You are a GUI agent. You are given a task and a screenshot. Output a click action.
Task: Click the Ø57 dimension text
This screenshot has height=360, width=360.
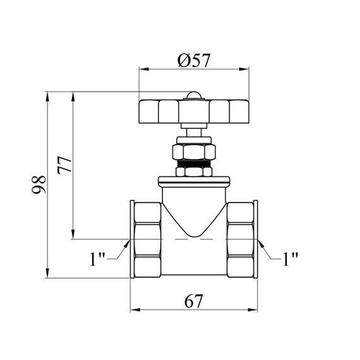pos(194,61)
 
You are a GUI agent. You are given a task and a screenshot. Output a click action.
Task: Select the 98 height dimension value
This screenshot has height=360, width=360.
pos(39,184)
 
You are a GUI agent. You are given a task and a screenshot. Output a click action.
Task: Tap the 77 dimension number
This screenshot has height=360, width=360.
pos(65,165)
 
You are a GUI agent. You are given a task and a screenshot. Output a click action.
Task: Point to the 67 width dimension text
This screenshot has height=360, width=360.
pos(194,301)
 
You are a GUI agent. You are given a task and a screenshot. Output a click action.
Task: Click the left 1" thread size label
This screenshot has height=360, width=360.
pos(97,259)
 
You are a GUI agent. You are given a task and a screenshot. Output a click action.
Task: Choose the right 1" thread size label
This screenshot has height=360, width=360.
pos(291,259)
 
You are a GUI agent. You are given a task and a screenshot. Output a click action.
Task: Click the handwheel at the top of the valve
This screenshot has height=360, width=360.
pos(194,112)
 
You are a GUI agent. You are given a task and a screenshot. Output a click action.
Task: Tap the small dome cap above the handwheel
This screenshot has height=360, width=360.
pos(194,95)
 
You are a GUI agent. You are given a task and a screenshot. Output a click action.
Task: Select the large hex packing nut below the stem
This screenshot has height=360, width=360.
pos(194,152)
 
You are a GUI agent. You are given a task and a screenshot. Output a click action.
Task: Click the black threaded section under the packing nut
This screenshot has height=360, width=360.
pos(194,164)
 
